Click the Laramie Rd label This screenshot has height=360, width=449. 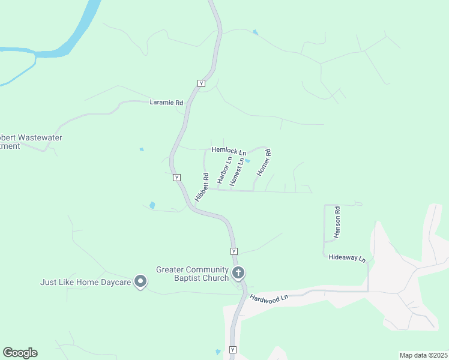166,103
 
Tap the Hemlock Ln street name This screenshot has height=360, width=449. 229,152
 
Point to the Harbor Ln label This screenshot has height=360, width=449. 224,170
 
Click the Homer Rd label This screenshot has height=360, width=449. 264,163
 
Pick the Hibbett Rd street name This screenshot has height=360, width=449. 202,187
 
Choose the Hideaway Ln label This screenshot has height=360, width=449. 347,257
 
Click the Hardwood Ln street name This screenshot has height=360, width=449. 270,298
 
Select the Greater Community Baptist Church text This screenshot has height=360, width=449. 192,274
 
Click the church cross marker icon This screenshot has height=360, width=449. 238,274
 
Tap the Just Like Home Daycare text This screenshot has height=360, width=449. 86,281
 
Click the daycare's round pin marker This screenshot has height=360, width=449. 140,281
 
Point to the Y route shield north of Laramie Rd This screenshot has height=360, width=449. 201,83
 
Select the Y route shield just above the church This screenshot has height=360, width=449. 234,251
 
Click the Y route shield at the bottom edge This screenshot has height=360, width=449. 233,349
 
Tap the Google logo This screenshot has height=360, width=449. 20,353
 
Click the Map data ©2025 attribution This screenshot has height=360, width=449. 423,355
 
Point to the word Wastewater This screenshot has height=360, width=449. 40,137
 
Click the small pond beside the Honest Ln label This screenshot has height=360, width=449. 247,160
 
